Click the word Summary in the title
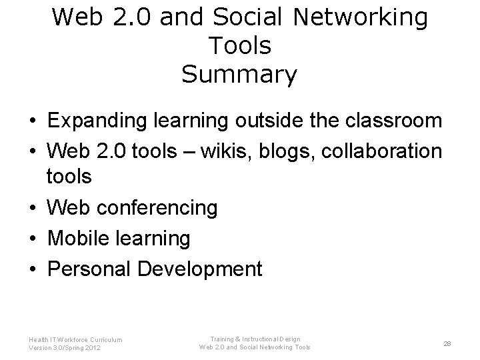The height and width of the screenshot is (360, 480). (239, 74)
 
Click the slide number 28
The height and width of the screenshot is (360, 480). (447, 343)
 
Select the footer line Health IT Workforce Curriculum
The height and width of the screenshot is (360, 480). (75, 339)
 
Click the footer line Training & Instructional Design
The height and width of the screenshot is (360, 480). (255, 339)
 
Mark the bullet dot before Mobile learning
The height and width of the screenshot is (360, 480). (32, 239)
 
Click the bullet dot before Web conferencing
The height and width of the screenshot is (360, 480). (32, 209)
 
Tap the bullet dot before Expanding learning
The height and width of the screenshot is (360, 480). (32, 121)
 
